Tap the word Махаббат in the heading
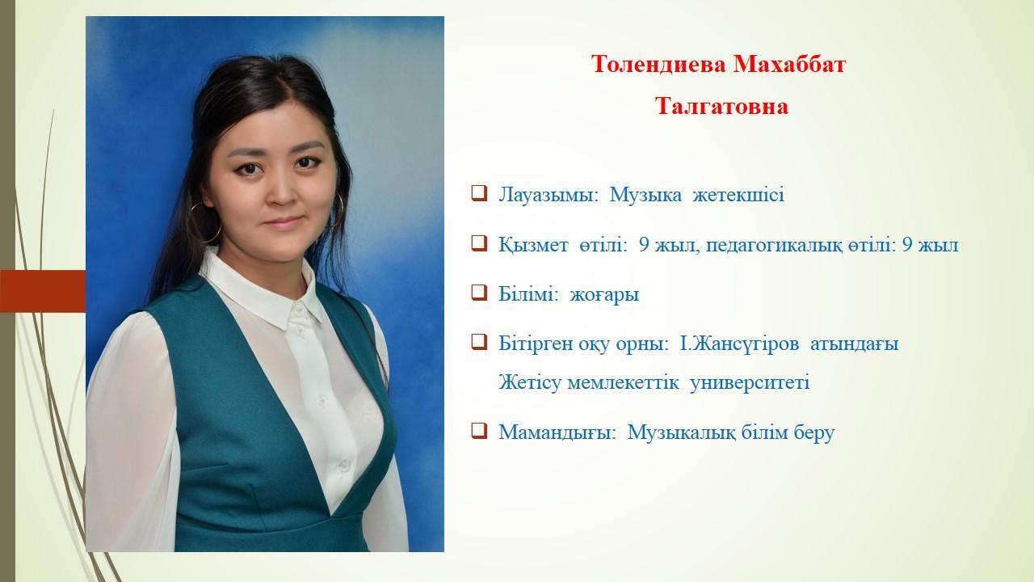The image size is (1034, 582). click(789, 64)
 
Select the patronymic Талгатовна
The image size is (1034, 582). click(721, 106)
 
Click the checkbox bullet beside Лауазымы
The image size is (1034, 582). click(479, 193)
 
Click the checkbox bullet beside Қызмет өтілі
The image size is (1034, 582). click(479, 242)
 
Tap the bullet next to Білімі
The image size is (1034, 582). click(479, 292)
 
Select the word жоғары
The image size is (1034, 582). click(604, 295)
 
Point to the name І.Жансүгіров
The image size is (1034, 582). click(739, 344)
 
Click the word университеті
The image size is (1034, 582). click(750, 383)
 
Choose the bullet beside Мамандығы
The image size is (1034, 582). click(479, 431)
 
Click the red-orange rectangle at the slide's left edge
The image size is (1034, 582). click(43, 292)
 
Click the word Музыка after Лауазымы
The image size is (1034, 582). click(645, 196)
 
